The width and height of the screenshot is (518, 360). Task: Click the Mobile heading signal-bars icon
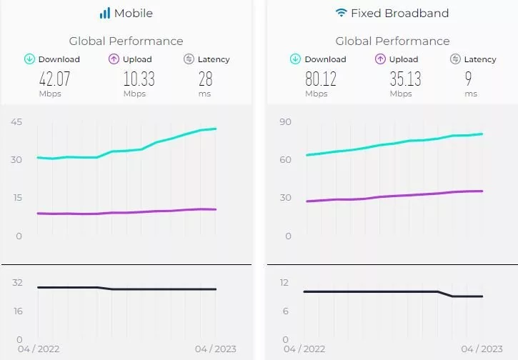point(105,13)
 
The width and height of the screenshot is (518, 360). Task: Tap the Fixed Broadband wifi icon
point(342,13)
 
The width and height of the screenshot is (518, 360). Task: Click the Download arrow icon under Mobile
point(30,59)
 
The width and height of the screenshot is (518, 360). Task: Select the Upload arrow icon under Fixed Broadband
point(381,59)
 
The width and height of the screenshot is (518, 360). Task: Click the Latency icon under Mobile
point(189,59)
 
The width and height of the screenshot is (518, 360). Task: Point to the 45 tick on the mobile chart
point(16,122)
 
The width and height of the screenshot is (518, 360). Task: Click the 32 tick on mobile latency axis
point(17,282)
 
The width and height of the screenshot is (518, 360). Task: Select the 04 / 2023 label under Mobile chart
point(216,349)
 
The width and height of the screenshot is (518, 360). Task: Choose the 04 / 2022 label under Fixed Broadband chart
point(304,349)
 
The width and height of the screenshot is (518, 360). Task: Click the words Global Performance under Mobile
point(126,41)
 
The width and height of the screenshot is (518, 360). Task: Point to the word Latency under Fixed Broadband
point(480,59)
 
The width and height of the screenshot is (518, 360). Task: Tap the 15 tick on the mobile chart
point(16,198)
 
